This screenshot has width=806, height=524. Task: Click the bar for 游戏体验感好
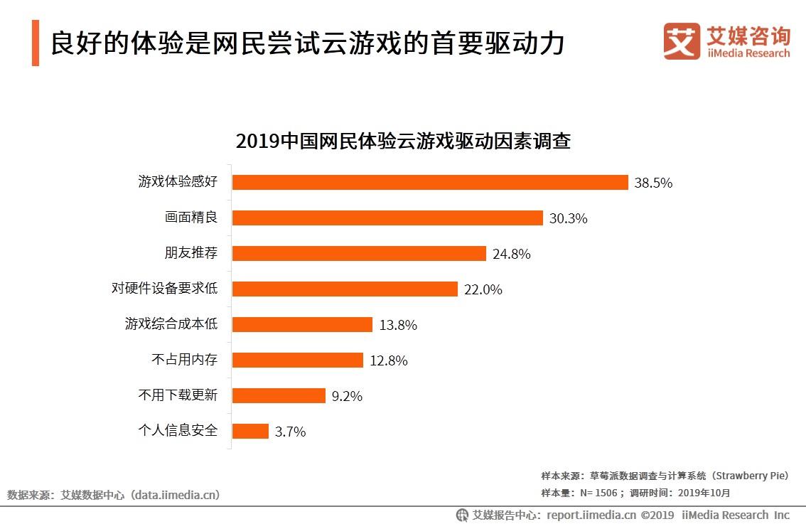[430, 182]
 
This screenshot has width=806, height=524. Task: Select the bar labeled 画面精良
[387, 218]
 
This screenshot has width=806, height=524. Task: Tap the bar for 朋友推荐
[359, 253]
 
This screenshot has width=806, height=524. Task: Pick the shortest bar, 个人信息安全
[250, 431]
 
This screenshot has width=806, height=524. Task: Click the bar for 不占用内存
[297, 360]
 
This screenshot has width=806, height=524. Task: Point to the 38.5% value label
[653, 183]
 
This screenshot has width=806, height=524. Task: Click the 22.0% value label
[483, 289]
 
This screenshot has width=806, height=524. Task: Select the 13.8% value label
[398, 325]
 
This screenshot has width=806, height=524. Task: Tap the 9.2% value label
[347, 396]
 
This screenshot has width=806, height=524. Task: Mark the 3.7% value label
[290, 432]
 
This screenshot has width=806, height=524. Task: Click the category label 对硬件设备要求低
[164, 289]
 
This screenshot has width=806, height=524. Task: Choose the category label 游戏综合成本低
[171, 324]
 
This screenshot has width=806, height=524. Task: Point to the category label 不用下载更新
[177, 395]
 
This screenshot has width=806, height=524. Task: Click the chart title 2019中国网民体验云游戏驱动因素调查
[403, 141]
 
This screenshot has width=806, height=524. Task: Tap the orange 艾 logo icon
[682, 41]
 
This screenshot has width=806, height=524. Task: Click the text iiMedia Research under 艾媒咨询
[748, 53]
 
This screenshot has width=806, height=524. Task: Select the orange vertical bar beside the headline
[36, 43]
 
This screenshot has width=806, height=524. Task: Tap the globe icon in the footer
[462, 515]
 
